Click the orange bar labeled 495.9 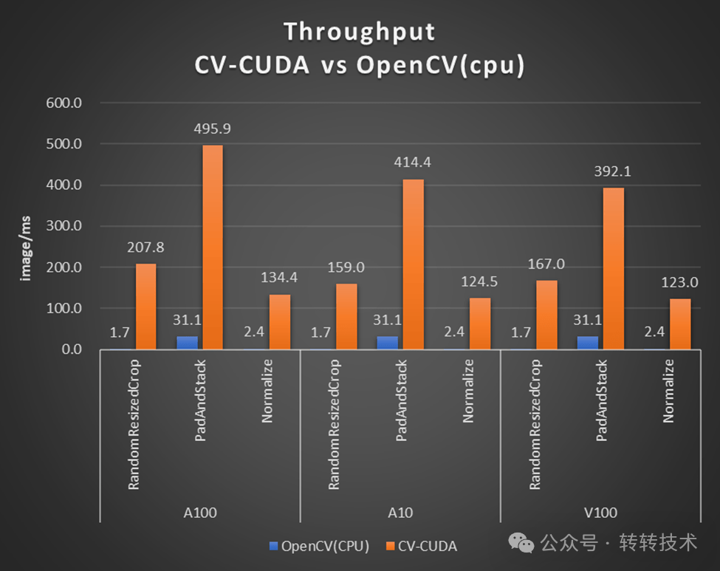(213, 247)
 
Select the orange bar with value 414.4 (414, 264)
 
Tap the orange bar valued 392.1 (614, 269)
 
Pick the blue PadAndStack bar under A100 (188, 343)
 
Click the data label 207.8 (145, 247)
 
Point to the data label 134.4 (279, 278)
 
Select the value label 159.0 (346, 267)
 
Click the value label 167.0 (546, 264)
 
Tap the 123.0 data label (679, 282)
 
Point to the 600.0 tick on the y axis (64, 103)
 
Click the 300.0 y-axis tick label (64, 226)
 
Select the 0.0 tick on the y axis (72, 349)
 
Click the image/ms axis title (25, 248)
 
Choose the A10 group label (400, 513)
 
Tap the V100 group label (600, 513)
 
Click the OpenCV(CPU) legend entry (320, 546)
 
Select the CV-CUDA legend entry (422, 546)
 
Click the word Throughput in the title (360, 33)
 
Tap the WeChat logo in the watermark (521, 543)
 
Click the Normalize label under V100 (668, 391)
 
